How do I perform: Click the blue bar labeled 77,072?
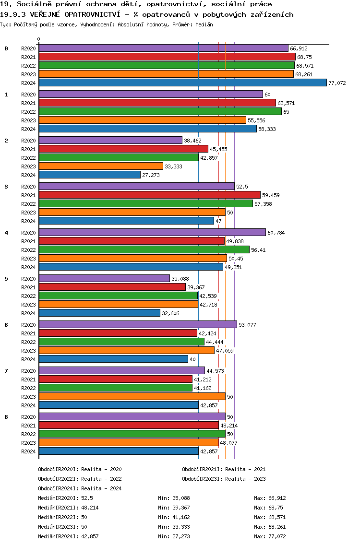coord(182,83)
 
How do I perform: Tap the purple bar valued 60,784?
coord(152,232)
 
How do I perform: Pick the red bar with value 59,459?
coord(149,195)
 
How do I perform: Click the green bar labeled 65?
coord(160,111)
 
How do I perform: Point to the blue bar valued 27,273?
coord(89,175)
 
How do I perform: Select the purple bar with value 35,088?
coord(104,278)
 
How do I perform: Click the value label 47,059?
coord(226,351)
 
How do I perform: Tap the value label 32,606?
coord(171,313)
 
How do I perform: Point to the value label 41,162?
coord(204,388)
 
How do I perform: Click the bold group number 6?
coord(6,325)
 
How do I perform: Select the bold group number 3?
coord(6,187)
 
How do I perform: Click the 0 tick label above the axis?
coord(39,39)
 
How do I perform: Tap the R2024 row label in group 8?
coord(28,451)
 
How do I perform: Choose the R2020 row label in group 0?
coord(28,48)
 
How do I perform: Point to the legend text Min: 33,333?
coord(174,527)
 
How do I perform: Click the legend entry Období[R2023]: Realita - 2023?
coord(224,479)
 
